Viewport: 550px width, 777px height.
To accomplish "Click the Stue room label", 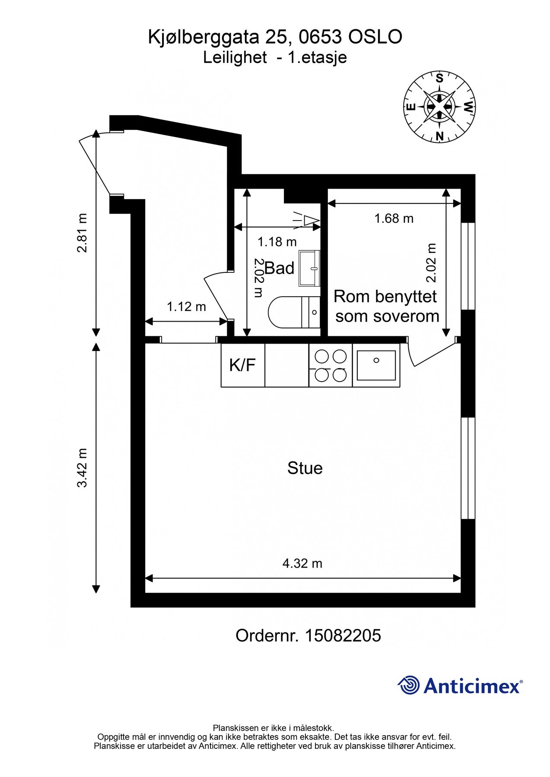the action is (x=305, y=468).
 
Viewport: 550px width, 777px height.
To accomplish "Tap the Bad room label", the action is (x=280, y=268).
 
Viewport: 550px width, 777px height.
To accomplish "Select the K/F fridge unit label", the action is (x=242, y=365).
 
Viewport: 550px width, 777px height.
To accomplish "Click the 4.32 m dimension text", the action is (x=302, y=563).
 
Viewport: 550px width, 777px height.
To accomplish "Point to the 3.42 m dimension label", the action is (x=82, y=468).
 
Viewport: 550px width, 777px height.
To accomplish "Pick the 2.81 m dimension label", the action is (x=82, y=233).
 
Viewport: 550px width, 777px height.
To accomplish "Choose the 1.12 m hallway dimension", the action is (x=187, y=307).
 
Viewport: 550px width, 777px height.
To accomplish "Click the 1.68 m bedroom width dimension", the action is (x=394, y=218).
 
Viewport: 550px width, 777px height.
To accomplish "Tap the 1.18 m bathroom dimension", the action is (x=277, y=242).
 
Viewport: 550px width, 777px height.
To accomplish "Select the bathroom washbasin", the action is (x=310, y=268).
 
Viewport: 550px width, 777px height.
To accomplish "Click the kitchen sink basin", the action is (x=376, y=365).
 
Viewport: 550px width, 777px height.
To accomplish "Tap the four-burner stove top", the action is (x=331, y=365).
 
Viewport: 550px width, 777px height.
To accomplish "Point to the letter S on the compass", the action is (x=439, y=79).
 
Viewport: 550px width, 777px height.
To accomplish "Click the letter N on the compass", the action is (x=440, y=136).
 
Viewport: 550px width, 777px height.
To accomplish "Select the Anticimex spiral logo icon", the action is (x=409, y=685).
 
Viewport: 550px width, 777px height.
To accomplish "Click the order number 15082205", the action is (x=343, y=635).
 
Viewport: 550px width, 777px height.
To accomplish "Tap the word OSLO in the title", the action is (x=375, y=37).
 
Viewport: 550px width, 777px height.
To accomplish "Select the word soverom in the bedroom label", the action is (x=388, y=316).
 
